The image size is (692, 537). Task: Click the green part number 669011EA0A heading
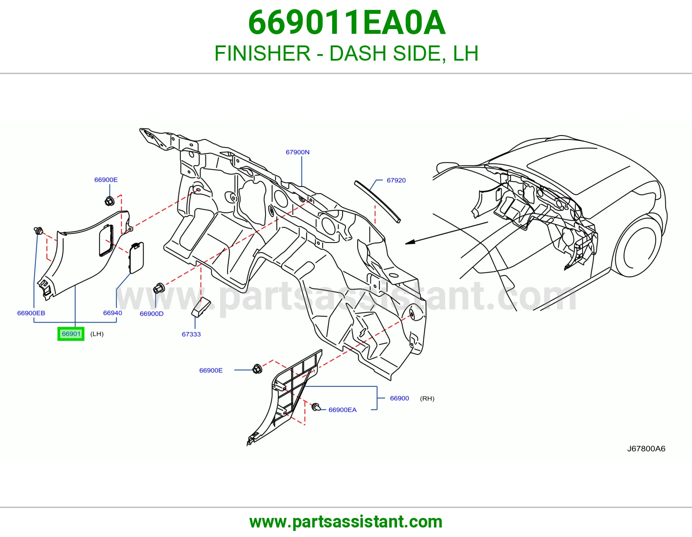click(x=346, y=23)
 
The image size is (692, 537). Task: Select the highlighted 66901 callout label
click(x=71, y=334)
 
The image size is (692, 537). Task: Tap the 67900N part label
click(x=298, y=152)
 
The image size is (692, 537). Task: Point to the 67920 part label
click(x=396, y=180)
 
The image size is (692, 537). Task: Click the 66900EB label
click(x=31, y=313)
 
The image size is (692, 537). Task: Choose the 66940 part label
click(x=112, y=313)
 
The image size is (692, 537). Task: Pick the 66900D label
click(x=151, y=314)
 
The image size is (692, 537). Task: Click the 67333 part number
click(x=191, y=334)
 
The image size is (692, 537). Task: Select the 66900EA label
click(x=343, y=410)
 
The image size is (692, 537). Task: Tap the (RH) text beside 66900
click(x=427, y=398)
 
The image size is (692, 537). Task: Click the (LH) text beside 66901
click(x=97, y=334)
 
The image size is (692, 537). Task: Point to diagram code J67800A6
click(x=646, y=449)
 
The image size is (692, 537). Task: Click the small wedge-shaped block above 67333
click(x=201, y=307)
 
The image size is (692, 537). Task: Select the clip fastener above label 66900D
click(x=159, y=288)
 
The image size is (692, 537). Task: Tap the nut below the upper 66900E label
click(x=109, y=201)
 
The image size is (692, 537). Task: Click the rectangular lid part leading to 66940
click(x=136, y=258)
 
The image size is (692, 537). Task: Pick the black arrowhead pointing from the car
click(x=410, y=242)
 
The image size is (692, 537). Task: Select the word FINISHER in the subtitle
click(x=263, y=53)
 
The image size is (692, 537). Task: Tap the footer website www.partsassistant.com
click(x=346, y=522)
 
